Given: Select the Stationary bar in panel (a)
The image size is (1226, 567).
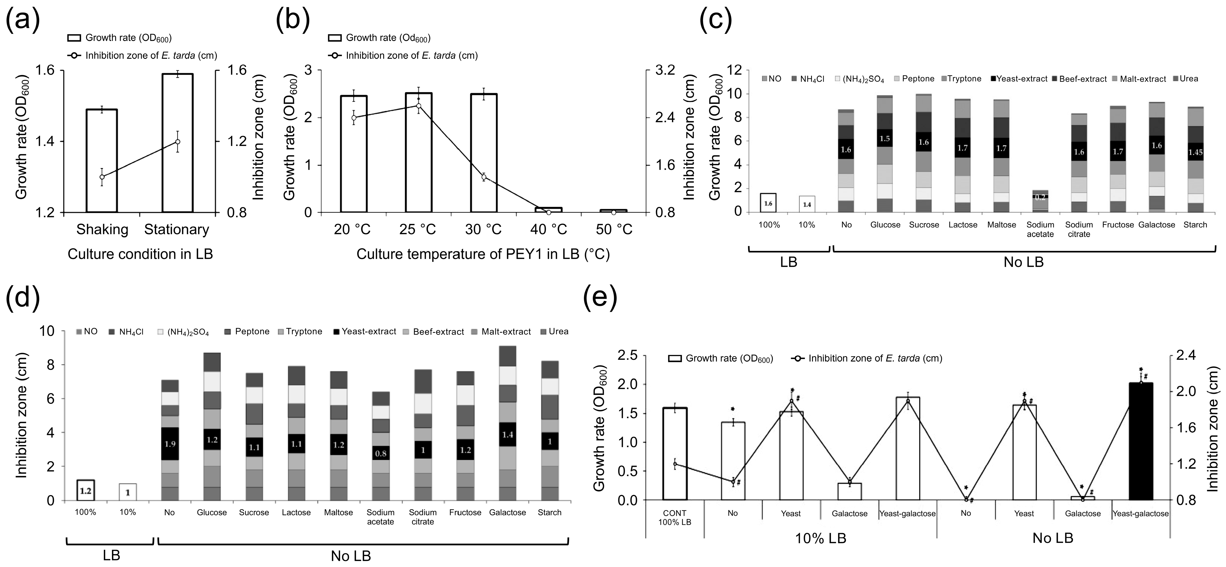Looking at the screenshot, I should [x=177, y=143].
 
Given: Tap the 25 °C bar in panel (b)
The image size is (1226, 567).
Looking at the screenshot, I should [x=418, y=152].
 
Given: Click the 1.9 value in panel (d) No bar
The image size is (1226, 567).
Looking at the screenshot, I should [x=169, y=444].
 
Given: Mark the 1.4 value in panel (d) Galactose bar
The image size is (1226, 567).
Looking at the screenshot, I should [x=507, y=435].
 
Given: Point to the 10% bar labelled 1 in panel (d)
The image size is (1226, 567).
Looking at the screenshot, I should [x=128, y=492].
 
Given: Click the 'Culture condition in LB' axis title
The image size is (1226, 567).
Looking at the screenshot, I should [x=140, y=254].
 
